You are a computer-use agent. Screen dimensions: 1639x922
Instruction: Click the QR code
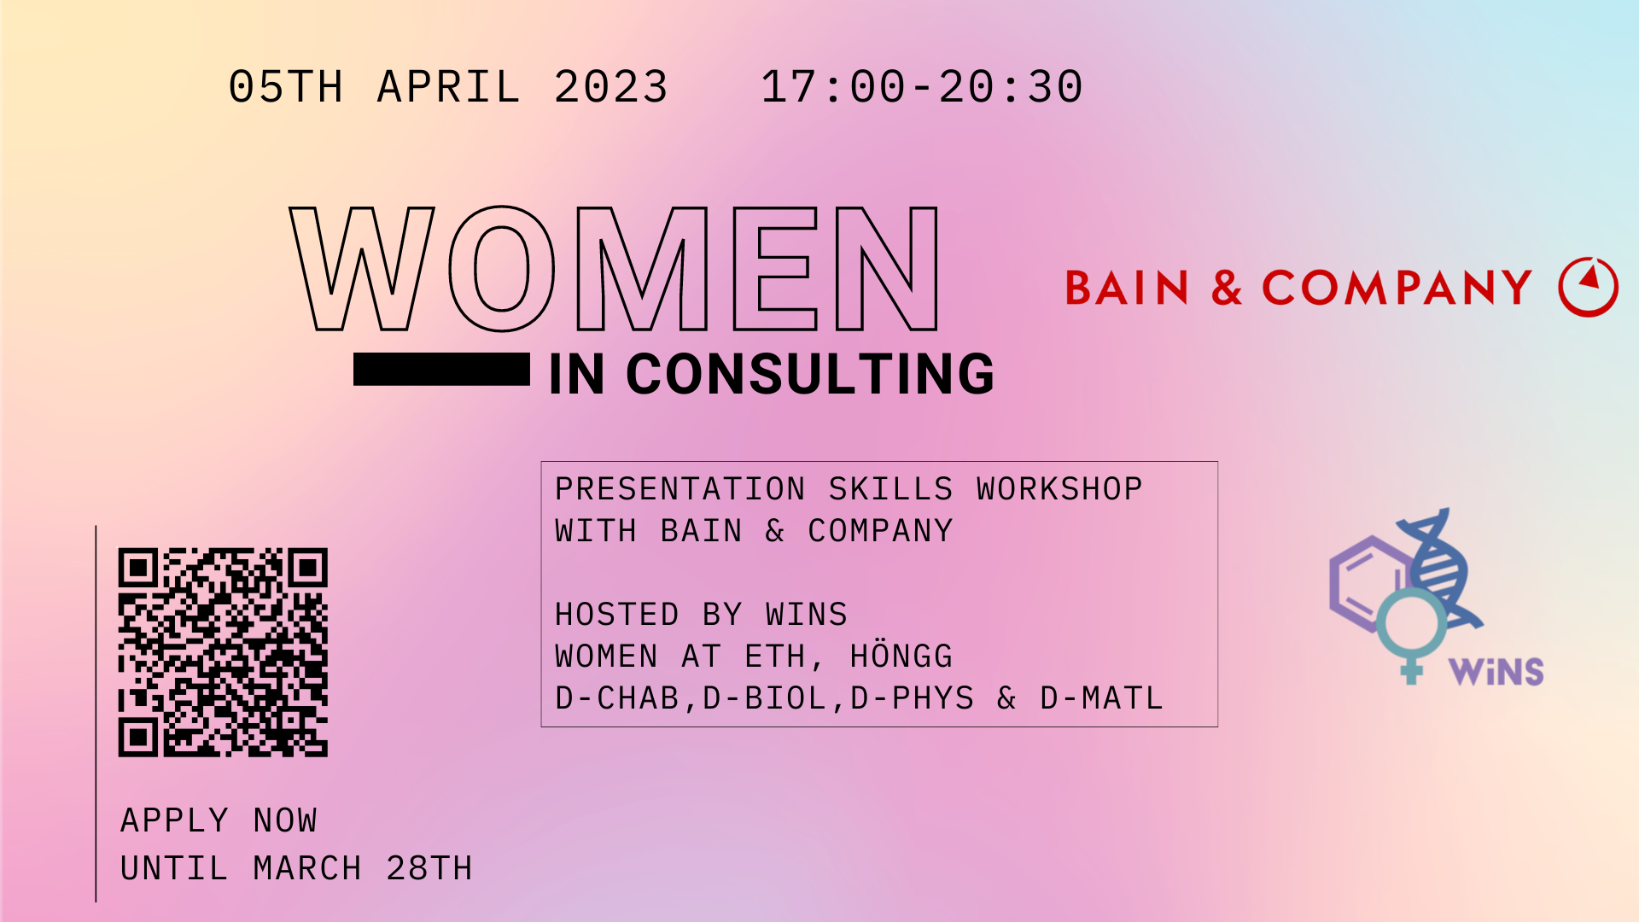(223, 652)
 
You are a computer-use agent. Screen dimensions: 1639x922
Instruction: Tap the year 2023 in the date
(611, 87)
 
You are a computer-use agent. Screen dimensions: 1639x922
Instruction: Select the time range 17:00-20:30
(922, 87)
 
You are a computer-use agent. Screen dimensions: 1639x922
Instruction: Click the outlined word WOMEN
(615, 268)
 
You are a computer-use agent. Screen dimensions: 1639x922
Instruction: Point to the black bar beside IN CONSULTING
(441, 370)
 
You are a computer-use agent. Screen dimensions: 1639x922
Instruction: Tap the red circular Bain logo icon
(1588, 287)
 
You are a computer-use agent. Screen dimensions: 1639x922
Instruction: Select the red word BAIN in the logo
(1127, 288)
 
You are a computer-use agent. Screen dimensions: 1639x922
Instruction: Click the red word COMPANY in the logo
(1397, 288)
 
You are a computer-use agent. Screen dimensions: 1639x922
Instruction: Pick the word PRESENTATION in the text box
(680, 489)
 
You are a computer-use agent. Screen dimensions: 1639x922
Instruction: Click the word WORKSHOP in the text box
(1059, 489)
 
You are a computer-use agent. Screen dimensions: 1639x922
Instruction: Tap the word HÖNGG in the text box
(901, 656)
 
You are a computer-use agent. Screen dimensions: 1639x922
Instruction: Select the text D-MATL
(1101, 698)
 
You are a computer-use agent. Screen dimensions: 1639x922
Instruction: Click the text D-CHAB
(616, 698)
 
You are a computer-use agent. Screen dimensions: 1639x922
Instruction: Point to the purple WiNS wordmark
(1496, 672)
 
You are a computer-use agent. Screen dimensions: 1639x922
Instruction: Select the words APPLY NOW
(219, 820)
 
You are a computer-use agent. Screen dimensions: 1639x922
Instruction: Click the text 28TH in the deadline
(429, 868)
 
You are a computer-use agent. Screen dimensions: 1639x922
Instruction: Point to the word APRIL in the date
(449, 87)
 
